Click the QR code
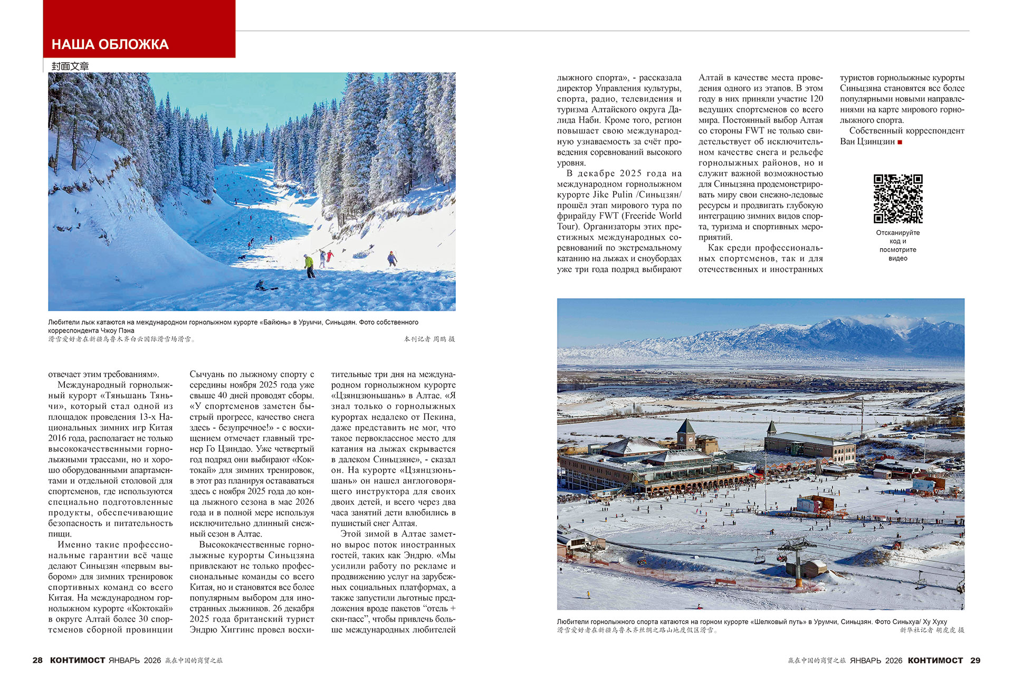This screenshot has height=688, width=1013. pyautogui.click(x=897, y=199)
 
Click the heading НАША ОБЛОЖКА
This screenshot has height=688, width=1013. pyautogui.click(x=110, y=44)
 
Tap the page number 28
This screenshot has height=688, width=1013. pyautogui.click(x=37, y=660)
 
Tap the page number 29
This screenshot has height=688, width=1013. pyautogui.click(x=975, y=660)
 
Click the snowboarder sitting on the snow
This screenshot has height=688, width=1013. pyautogui.click(x=261, y=286)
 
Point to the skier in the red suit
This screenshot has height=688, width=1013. pyautogui.click(x=330, y=256)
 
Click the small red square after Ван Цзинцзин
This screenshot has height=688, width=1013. pyautogui.click(x=900, y=142)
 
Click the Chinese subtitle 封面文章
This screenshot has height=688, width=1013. pyautogui.click(x=70, y=66)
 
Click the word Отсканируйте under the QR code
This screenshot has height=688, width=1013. pyautogui.click(x=897, y=232)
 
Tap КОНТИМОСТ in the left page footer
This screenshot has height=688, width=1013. pyautogui.click(x=78, y=660)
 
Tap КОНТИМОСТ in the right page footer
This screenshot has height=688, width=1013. pyautogui.click(x=935, y=660)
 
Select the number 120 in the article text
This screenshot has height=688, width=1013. pyautogui.click(x=816, y=99)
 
